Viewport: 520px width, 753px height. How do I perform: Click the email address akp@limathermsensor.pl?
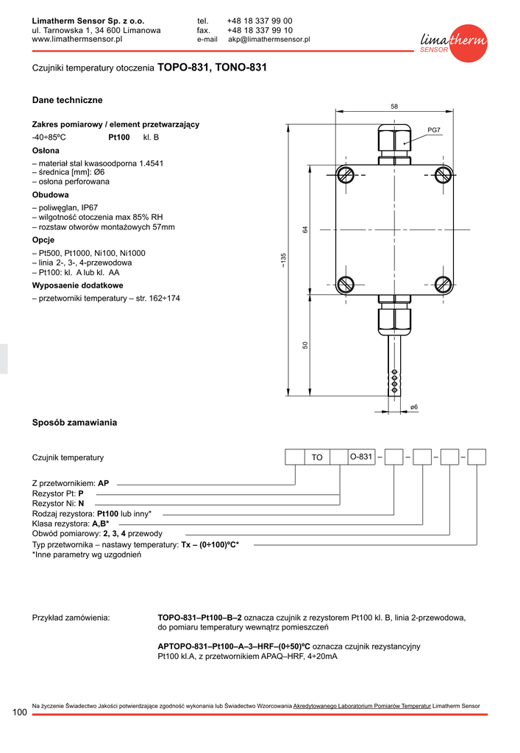point(269,40)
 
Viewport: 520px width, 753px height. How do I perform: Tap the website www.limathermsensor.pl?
point(76,40)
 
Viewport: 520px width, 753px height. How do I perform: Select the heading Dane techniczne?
point(68,100)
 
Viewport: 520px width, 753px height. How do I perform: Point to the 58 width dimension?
point(394,107)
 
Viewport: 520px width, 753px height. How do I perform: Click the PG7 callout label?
point(434,130)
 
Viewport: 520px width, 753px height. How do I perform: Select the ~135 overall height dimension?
point(283,259)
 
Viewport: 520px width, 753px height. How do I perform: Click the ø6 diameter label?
point(414,407)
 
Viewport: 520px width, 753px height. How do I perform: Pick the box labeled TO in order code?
point(317,457)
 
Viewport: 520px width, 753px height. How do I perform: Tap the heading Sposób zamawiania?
point(74,423)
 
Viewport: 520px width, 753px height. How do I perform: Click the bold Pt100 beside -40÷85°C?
point(119,138)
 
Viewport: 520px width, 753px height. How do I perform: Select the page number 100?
point(21,713)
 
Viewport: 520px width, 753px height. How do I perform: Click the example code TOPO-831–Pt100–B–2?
point(200,618)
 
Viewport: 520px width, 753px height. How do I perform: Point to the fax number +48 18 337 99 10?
point(260,30)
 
